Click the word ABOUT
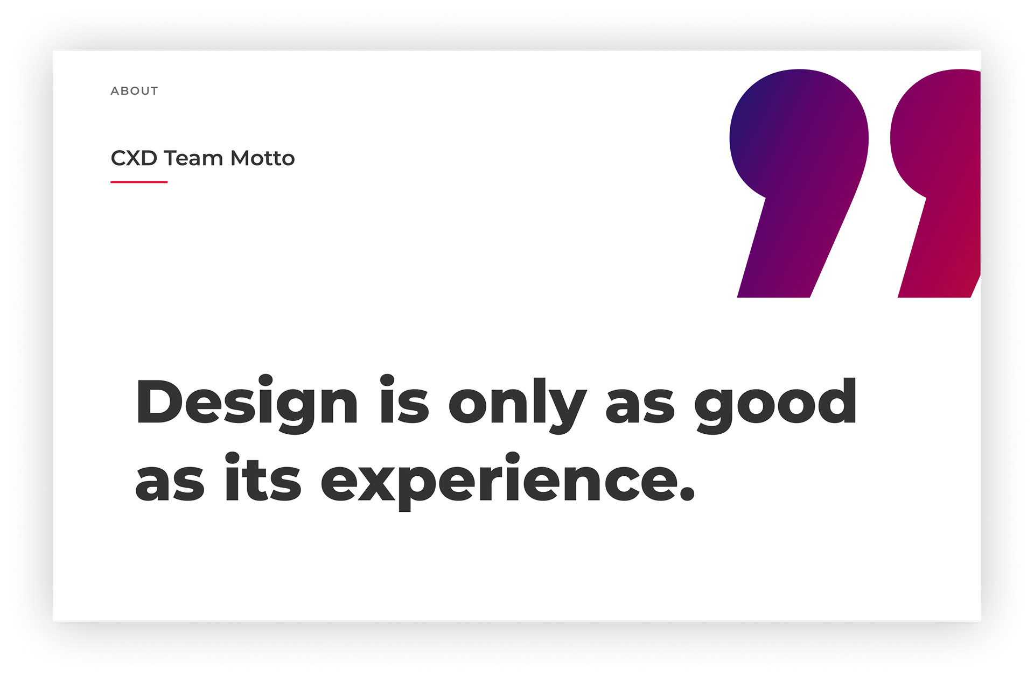point(134,91)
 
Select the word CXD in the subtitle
point(134,158)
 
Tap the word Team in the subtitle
point(193,158)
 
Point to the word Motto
point(263,158)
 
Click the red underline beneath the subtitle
point(139,182)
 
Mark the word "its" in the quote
point(263,477)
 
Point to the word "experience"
point(499,481)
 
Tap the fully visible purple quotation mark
point(799,183)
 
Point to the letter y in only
point(565,411)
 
